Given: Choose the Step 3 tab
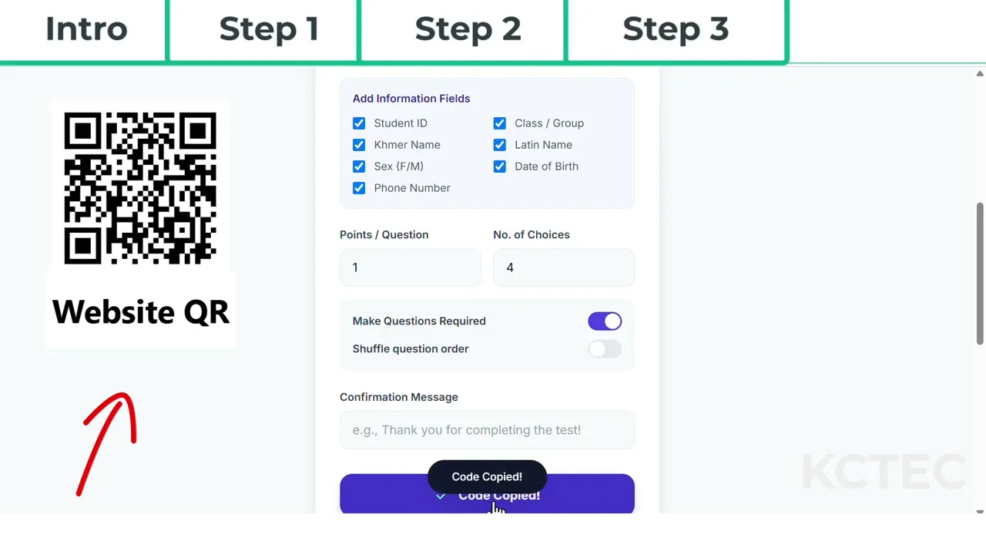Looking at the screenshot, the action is tap(676, 29).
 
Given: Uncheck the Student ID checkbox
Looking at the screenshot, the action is tap(359, 123).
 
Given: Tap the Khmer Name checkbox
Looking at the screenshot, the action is tap(359, 145).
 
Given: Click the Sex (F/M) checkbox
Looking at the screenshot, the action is tap(359, 166).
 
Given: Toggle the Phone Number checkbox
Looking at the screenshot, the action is tap(359, 188).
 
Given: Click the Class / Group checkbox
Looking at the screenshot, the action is tap(500, 123).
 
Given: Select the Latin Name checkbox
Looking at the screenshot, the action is tap(500, 145).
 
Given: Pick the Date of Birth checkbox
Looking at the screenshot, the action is tap(500, 166).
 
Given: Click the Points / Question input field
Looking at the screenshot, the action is tap(411, 267).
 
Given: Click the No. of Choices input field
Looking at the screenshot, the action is tap(564, 267).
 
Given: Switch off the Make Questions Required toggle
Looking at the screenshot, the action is tap(605, 321).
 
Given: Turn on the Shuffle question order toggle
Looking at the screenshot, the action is tap(605, 349).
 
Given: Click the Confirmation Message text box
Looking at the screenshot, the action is tap(488, 430).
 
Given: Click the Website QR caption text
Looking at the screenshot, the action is tap(141, 312).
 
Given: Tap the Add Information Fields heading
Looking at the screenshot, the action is tap(411, 98).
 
